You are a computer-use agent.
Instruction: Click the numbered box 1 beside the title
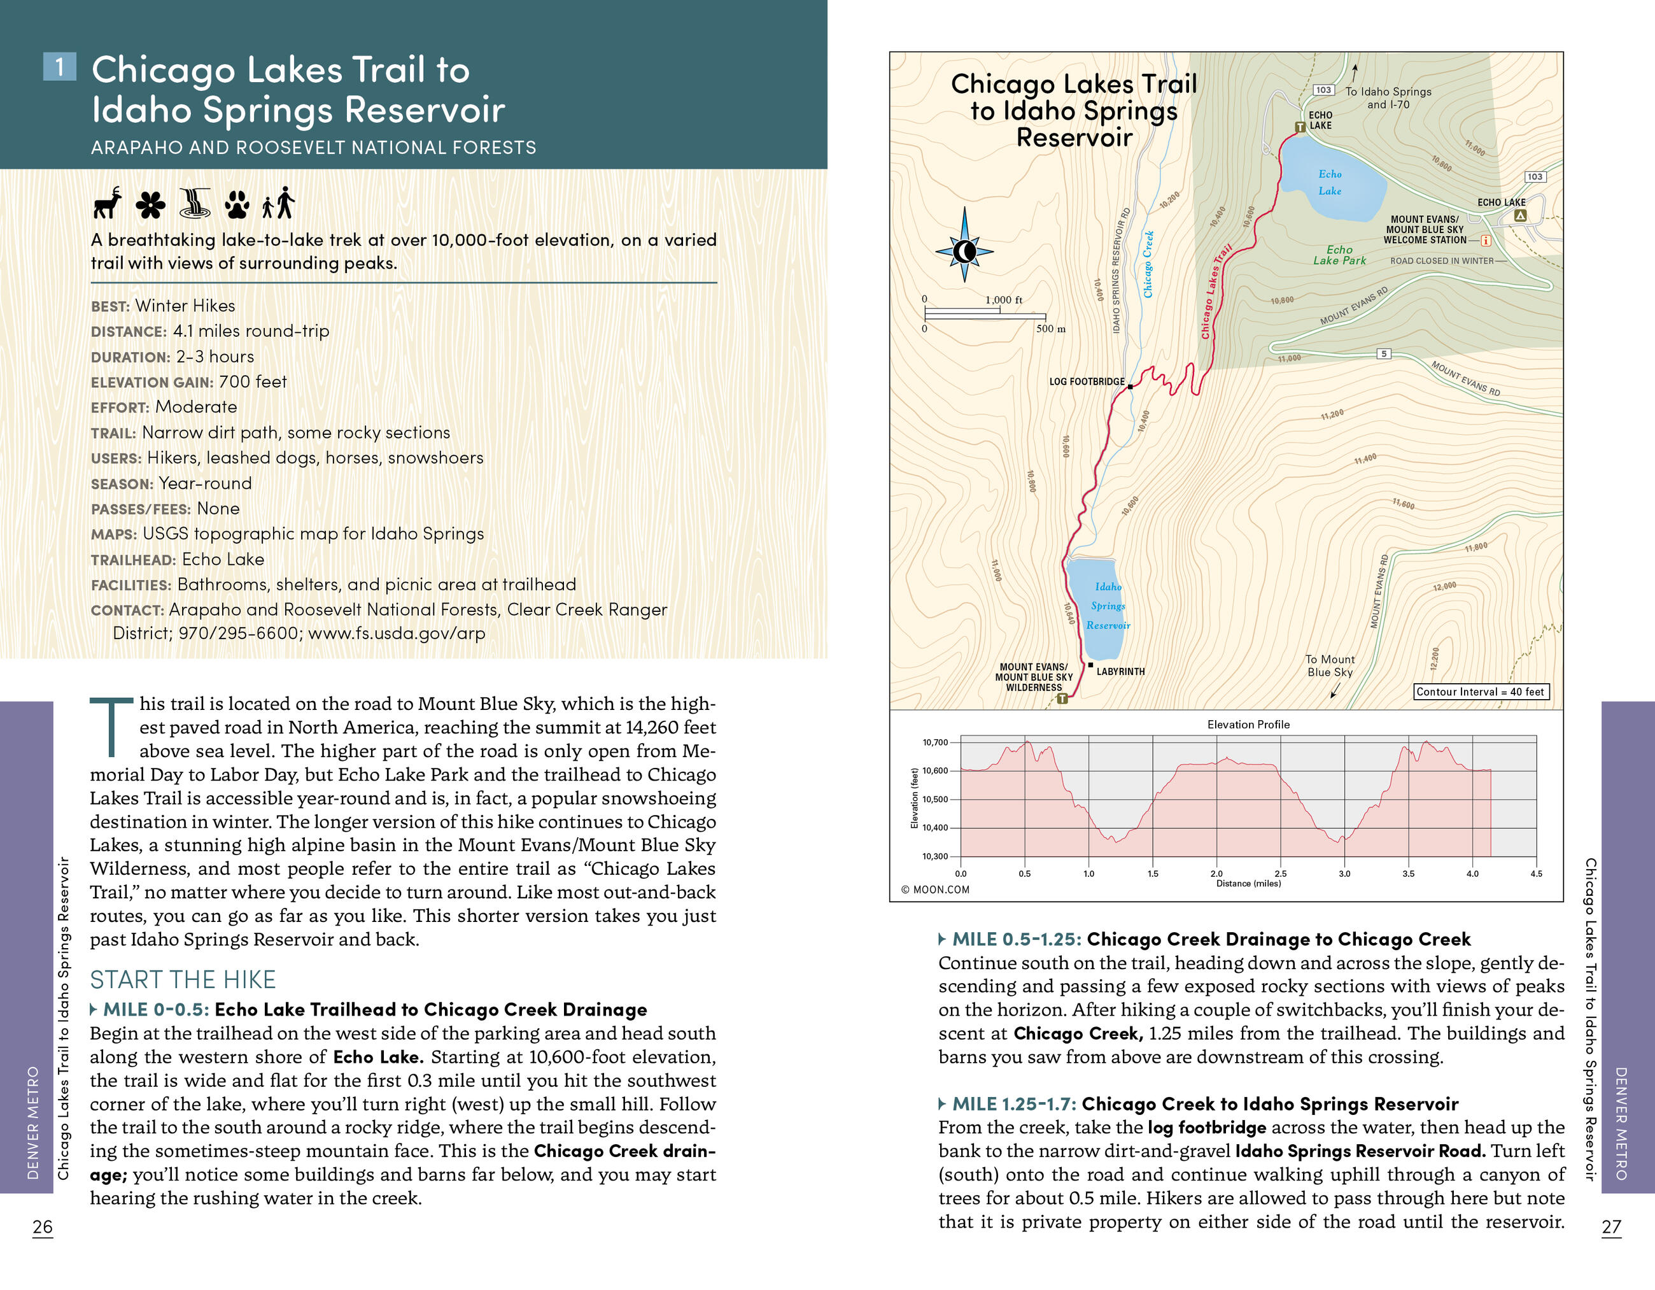[60, 67]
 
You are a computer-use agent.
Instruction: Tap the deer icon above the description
[108, 203]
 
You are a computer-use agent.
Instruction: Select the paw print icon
[237, 204]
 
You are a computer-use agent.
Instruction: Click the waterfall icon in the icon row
[195, 203]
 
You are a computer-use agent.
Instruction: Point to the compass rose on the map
[964, 251]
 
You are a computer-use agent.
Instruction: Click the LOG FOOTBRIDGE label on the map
[1087, 381]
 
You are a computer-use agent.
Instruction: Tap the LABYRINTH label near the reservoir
[1120, 672]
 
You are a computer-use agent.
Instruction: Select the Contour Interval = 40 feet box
[1481, 691]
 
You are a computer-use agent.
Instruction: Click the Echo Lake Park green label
[1339, 255]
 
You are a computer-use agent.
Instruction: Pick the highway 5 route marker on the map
[1384, 354]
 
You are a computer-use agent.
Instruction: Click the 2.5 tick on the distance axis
[1281, 874]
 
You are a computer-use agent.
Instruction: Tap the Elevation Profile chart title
[1248, 725]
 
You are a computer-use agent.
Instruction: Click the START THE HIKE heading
[183, 979]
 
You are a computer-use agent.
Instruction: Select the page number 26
[43, 1226]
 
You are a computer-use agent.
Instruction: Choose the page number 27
[1611, 1226]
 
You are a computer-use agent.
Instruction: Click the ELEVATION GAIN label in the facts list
[151, 383]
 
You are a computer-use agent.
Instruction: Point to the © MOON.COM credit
[935, 889]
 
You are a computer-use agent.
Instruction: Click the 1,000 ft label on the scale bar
[1003, 300]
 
